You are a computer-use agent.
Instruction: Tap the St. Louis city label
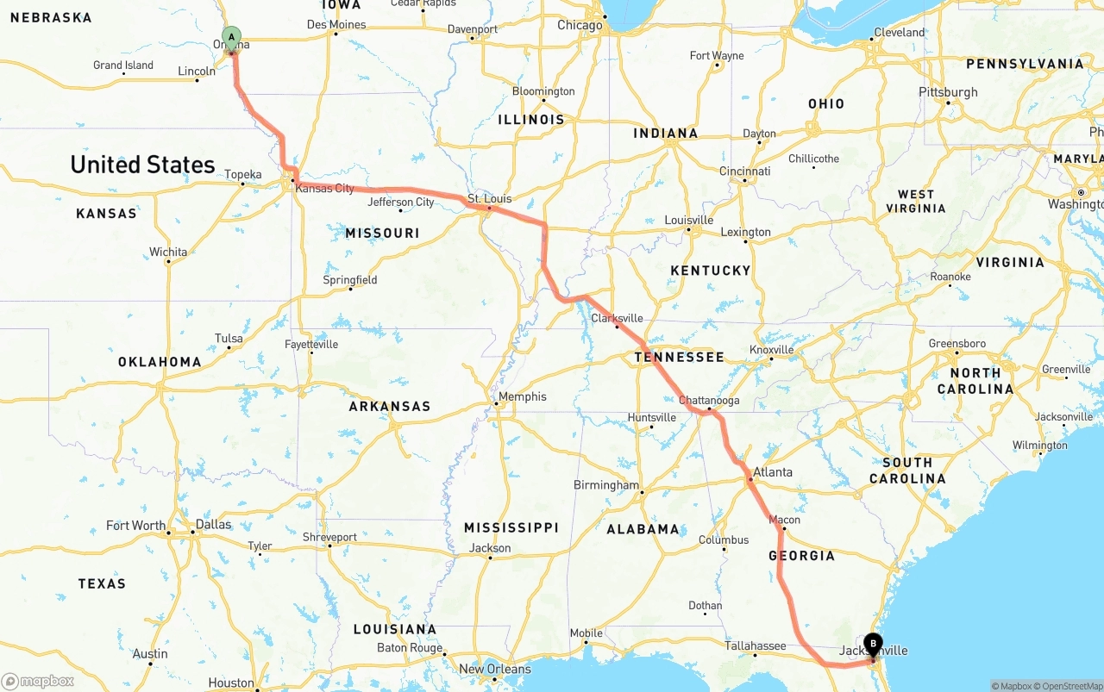pos(489,199)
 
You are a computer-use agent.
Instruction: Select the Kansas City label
pos(324,188)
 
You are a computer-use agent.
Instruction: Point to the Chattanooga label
pos(709,401)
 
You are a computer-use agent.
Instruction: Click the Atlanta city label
pos(772,472)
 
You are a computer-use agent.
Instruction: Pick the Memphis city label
pos(523,396)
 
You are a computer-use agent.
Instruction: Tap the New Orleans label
pos(495,669)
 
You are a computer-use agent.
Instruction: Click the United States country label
pos(142,165)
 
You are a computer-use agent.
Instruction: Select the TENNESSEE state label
pos(679,357)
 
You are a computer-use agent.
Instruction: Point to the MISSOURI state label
pos(382,234)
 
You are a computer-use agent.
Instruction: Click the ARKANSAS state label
pos(389,406)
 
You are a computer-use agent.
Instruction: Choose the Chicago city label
pos(580,26)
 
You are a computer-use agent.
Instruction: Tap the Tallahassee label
pos(755,645)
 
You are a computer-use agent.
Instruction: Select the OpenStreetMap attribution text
pos(1069,686)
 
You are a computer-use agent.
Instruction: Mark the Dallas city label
pos(213,524)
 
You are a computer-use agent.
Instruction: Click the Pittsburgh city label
pos(948,92)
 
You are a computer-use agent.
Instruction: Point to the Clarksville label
pos(617,318)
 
